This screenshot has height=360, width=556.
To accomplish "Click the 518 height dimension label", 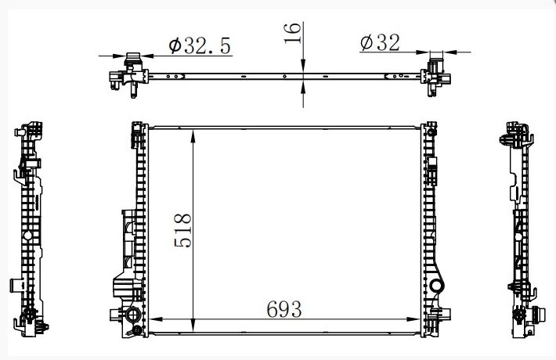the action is tap(182, 230).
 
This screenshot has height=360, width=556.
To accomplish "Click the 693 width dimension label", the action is tap(284, 309).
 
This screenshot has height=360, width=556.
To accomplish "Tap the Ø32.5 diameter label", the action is tap(200, 45).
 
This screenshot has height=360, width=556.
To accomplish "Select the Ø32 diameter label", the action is tap(380, 42).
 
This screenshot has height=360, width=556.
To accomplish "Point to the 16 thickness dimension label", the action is tap(293, 33).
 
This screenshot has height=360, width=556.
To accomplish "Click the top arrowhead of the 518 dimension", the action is tap(193, 136).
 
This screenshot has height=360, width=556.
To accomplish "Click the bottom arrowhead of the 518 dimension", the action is tap(193, 325).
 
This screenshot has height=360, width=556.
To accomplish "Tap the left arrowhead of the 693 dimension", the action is tap(156, 319).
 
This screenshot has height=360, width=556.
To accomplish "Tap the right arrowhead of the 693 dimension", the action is tap(413, 319).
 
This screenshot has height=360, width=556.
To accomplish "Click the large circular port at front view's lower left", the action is tap(134, 315).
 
